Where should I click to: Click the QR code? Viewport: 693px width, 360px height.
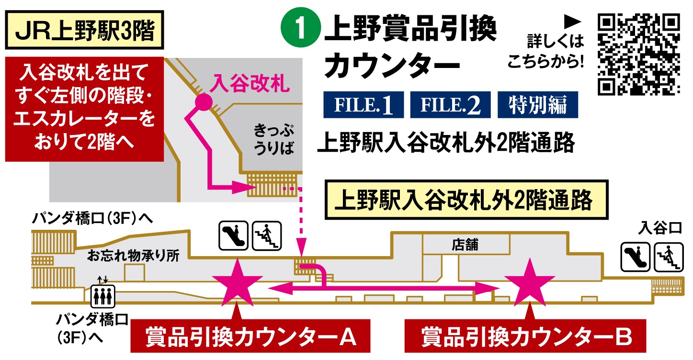[639, 54]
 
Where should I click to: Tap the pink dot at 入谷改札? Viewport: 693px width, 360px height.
[203, 101]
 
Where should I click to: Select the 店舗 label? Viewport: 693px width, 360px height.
[465, 245]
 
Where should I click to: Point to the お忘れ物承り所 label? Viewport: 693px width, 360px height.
[133, 256]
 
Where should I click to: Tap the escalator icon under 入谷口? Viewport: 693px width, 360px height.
[635, 256]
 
